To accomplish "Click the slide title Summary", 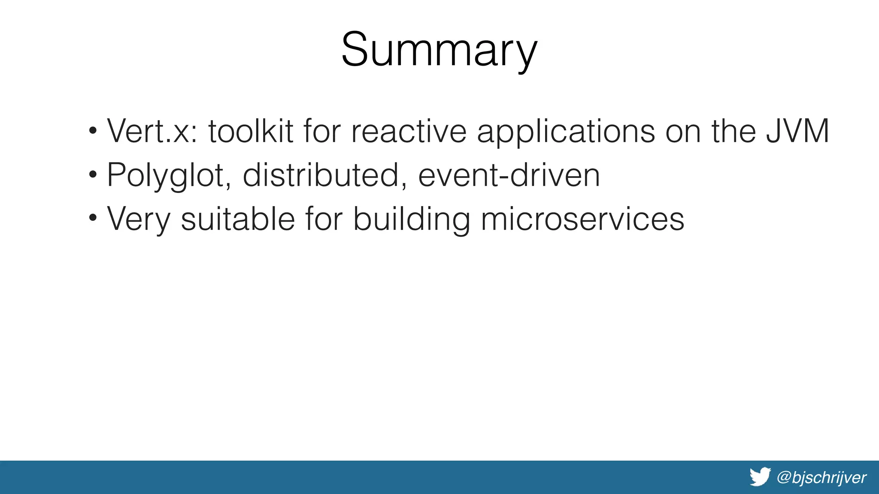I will [x=439, y=50].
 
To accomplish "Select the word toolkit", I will [x=251, y=131].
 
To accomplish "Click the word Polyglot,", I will [x=169, y=176].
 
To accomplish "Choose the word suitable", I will [x=237, y=219].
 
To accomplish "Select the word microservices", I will [x=582, y=219].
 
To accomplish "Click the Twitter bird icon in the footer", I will [x=760, y=477].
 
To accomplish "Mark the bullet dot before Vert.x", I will [x=93, y=130].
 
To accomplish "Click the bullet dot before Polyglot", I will [x=93, y=175].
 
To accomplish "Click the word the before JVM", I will [x=733, y=131].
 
